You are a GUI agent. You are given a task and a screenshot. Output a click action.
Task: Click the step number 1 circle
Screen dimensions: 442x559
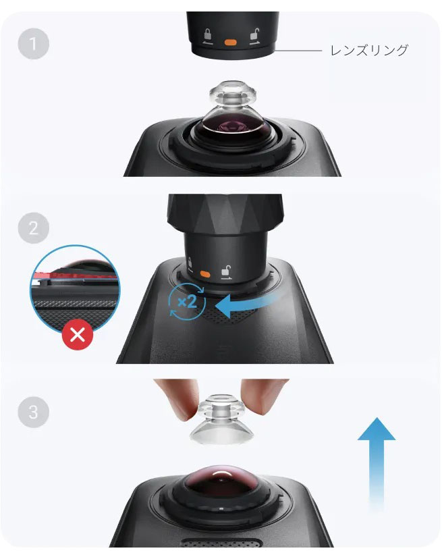(33, 44)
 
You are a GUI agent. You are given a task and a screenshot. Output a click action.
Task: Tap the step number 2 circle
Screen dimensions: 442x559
(33, 228)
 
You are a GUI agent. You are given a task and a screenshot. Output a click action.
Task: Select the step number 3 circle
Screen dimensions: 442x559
(33, 412)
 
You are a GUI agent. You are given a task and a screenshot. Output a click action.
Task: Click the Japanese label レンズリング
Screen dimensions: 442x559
(369, 50)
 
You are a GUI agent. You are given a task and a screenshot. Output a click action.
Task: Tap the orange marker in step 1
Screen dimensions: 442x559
(230, 43)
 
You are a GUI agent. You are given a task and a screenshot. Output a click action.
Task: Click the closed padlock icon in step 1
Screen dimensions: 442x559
(207, 36)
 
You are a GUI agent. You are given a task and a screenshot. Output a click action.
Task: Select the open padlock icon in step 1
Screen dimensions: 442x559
(254, 36)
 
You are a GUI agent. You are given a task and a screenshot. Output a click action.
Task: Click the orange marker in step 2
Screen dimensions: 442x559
(205, 274)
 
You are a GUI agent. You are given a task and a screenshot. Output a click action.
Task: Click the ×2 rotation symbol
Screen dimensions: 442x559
(187, 302)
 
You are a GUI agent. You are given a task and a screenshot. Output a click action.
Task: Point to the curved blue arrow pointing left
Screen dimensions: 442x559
(246, 304)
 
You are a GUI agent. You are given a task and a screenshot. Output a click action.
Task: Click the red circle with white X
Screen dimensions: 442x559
(78, 334)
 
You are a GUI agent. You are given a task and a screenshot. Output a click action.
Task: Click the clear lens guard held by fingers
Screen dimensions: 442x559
(221, 419)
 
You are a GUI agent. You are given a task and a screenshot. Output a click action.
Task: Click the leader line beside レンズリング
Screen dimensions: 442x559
(298, 51)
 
